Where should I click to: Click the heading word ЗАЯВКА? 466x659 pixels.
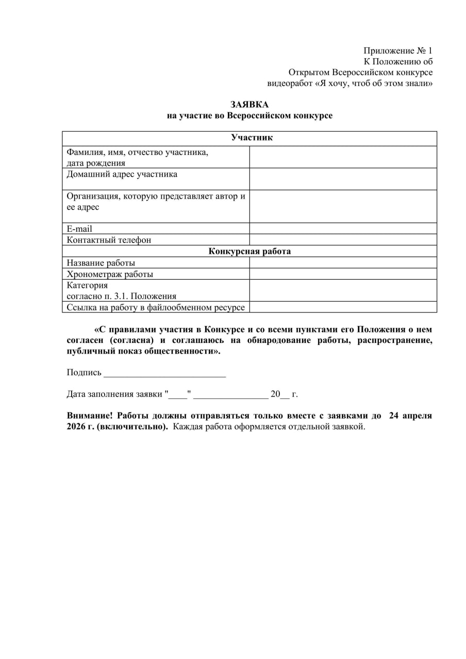pyautogui.click(x=249, y=105)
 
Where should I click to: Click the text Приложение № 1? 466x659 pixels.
pyautogui.click(x=397, y=50)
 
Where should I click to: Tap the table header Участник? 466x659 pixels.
pyautogui.click(x=252, y=138)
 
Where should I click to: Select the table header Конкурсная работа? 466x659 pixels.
pyautogui.click(x=249, y=251)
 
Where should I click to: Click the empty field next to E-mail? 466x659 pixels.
pyautogui.click(x=343, y=229)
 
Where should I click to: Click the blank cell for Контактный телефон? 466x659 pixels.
pyautogui.click(x=343, y=240)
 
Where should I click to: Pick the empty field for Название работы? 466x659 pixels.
pyautogui.click(x=343, y=263)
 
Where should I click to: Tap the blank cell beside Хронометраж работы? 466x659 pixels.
pyautogui.click(x=343, y=274)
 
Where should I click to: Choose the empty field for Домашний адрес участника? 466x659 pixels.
pyautogui.click(x=343, y=179)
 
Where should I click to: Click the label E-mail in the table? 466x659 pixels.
pyautogui.click(x=79, y=229)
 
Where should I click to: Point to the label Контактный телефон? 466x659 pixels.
pyautogui.click(x=109, y=240)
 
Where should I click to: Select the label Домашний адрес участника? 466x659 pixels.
pyautogui.click(x=122, y=174)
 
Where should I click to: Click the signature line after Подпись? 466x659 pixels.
pyautogui.click(x=164, y=373)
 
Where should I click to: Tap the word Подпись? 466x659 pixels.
pyautogui.click(x=84, y=372)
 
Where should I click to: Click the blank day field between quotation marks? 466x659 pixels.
pyautogui.click(x=178, y=395)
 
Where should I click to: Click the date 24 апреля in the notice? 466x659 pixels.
pyautogui.click(x=410, y=415)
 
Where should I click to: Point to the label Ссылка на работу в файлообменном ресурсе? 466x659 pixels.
pyautogui.click(x=156, y=307)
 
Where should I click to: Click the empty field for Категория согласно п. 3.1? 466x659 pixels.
pyautogui.click(x=343, y=290)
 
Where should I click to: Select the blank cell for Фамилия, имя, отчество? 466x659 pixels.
pyautogui.click(x=343, y=157)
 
